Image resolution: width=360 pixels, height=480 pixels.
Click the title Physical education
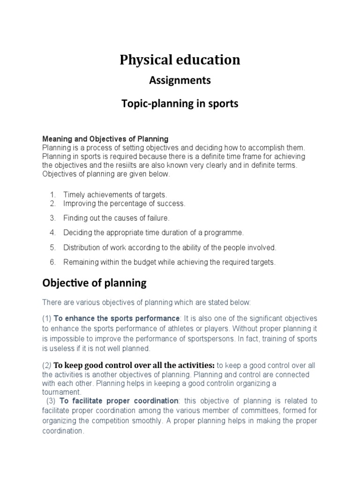coord(180,60)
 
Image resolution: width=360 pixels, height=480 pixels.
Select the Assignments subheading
coord(180,81)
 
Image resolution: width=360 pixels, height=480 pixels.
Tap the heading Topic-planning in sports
coord(180,104)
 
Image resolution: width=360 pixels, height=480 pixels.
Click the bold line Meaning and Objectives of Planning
coord(105,139)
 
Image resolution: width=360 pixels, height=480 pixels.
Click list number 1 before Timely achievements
coord(52,194)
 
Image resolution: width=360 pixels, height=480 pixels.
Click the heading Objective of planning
coord(94,283)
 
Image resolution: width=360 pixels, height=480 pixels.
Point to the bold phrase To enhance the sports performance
coord(117,318)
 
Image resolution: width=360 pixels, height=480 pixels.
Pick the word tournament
coord(61,392)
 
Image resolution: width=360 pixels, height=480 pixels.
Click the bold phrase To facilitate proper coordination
coord(119,401)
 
